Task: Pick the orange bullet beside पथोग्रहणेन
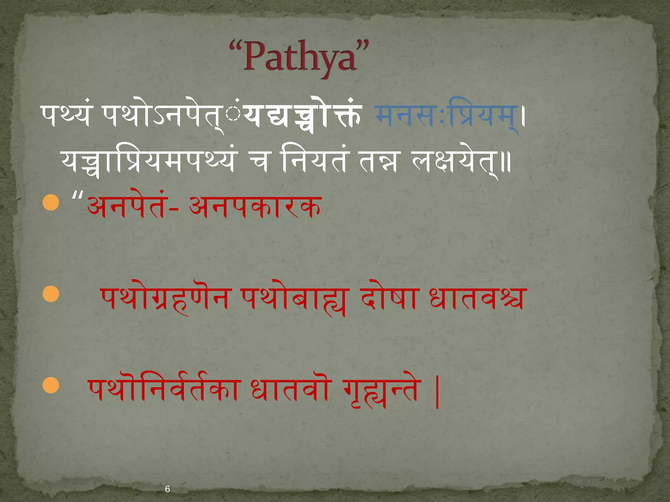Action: click(x=51, y=294)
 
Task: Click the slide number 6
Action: click(x=167, y=489)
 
